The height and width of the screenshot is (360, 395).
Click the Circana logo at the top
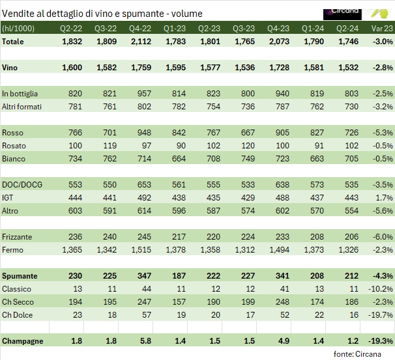pyautogui.click(x=342, y=13)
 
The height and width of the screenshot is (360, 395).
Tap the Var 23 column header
pyautogui.click(x=381, y=29)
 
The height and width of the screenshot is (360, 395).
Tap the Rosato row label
pyautogui.click(x=15, y=145)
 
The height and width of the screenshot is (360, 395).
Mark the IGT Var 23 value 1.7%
pyautogui.click(x=385, y=197)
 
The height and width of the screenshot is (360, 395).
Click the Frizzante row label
pyautogui.click(x=18, y=237)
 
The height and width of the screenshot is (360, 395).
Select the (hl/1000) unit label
pyautogui.click(x=20, y=29)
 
